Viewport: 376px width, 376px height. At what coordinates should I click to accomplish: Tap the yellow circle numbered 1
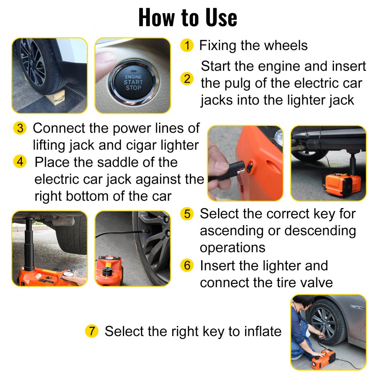(187, 45)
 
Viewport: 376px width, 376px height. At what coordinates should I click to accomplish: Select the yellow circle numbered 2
(187, 79)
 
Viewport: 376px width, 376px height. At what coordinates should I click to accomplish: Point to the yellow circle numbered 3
(20, 128)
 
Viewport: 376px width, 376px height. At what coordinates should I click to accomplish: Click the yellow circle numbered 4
(20, 162)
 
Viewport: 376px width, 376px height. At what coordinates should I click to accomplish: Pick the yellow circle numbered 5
(187, 214)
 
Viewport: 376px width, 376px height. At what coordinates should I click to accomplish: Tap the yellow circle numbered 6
(187, 265)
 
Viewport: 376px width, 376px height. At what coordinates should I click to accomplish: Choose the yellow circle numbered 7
(91, 331)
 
